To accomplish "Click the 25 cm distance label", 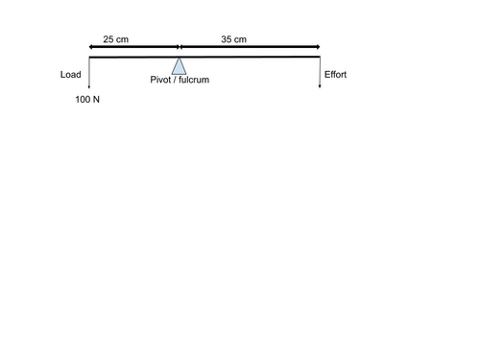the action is tap(115, 39).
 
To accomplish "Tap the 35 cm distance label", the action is tap(233, 39).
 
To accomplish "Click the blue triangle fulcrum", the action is tap(179, 66).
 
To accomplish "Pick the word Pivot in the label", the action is tap(162, 80).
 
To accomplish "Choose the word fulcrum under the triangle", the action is tap(193, 80).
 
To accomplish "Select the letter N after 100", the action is tap(96, 99).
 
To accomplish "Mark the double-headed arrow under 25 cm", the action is tap(133, 46).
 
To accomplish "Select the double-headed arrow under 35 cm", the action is tap(250, 46).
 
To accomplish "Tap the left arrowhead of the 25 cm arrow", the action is tap(90, 46).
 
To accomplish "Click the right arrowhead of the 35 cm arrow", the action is tap(317, 46).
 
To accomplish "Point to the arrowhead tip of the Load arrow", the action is tap(88, 90).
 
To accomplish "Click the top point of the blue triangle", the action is tap(179, 59).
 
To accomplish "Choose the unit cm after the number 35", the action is tap(240, 39).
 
